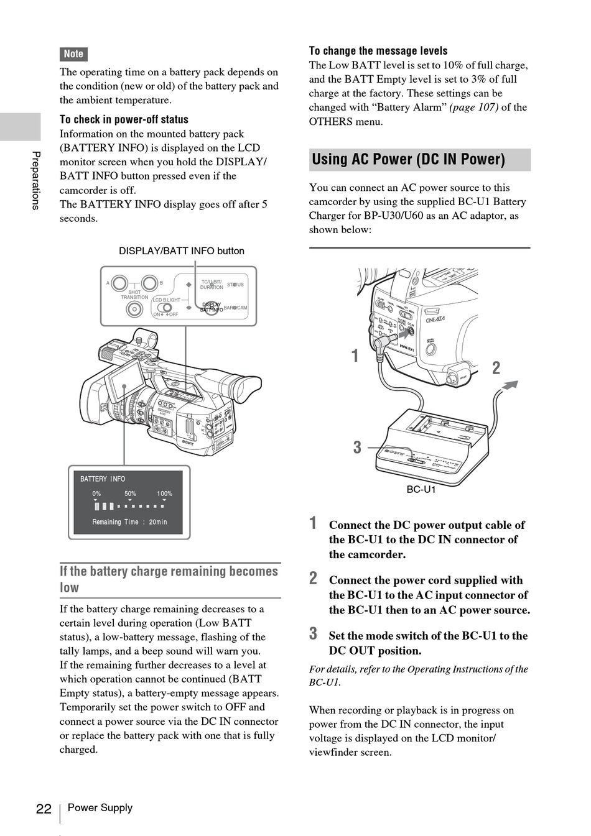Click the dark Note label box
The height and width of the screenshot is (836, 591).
coord(73,54)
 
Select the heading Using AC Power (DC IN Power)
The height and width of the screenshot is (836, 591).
coord(408,160)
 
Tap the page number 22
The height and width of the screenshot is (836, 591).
coord(44,809)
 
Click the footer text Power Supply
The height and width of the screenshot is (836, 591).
coord(100,807)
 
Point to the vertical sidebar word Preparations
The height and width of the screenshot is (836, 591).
coord(36,180)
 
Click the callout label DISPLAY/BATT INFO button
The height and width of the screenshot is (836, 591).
coord(182,251)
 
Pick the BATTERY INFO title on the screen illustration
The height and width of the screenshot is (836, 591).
coord(103,479)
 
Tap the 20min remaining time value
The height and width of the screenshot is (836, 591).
coord(158,522)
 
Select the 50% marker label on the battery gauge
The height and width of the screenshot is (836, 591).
coord(130,494)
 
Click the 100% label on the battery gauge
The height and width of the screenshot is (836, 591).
coord(165,494)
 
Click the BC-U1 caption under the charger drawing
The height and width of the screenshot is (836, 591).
coord(421,490)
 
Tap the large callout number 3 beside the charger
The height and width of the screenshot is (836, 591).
coord(357,448)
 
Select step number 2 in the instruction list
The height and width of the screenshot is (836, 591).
coord(314,579)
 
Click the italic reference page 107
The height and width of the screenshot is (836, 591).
coord(474,107)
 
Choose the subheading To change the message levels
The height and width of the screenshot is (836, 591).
coord(378,51)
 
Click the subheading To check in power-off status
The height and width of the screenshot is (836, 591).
coord(124,119)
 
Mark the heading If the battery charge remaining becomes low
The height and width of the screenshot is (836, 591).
coord(169,579)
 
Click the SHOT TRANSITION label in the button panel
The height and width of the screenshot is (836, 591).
coord(134,295)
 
